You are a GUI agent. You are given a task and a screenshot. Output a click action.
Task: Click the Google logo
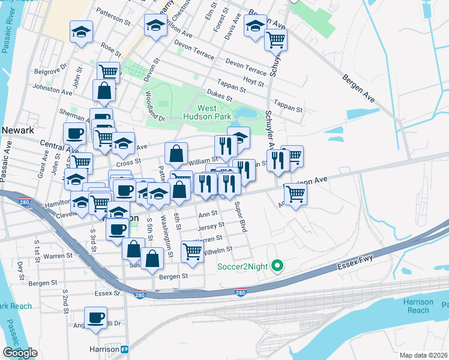tap(20, 353)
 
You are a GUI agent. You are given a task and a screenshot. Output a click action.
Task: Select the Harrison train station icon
tap(125, 349)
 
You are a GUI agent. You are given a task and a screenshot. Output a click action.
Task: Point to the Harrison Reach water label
tap(418, 306)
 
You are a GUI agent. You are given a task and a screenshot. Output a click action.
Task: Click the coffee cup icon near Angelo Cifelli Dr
tap(95, 316)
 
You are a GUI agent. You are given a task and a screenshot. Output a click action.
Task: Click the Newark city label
tap(16, 129)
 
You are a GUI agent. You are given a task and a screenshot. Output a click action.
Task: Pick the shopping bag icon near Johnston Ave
tap(104, 91)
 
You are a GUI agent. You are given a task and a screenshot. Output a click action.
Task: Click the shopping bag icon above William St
tap(176, 154)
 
